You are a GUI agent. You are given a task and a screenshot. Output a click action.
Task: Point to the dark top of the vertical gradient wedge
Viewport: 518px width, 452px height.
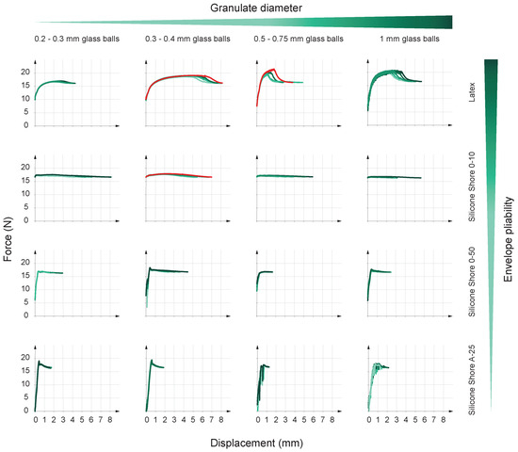[490, 64]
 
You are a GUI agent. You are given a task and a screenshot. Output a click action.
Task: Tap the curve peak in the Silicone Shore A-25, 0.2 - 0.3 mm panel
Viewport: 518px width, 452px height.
[39, 362]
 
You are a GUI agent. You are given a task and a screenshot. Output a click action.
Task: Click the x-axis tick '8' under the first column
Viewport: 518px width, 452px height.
[111, 420]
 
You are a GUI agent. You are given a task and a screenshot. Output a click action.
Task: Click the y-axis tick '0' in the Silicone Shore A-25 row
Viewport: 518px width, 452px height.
[28, 411]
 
